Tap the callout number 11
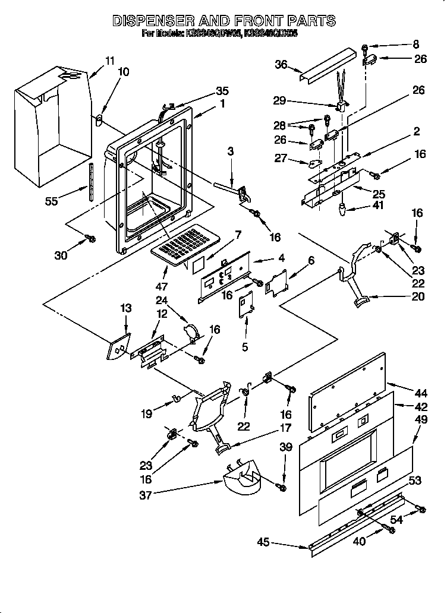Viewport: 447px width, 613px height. click(x=109, y=60)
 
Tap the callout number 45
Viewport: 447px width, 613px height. click(x=263, y=542)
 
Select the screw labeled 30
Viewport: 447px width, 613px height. click(x=90, y=238)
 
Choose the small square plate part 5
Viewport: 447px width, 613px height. click(x=245, y=306)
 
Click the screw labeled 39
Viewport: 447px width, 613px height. click(x=282, y=488)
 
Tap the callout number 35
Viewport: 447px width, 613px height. click(x=222, y=91)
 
